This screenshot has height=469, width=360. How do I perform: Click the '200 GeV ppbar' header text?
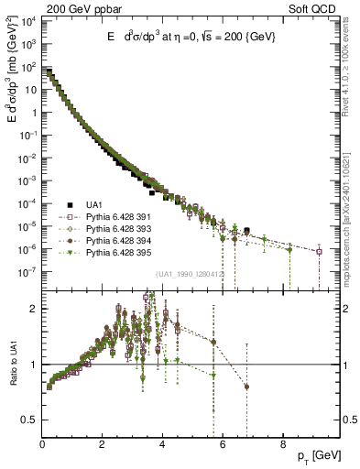(x=82, y=8)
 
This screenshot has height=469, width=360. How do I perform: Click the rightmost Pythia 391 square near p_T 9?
(x=319, y=251)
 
